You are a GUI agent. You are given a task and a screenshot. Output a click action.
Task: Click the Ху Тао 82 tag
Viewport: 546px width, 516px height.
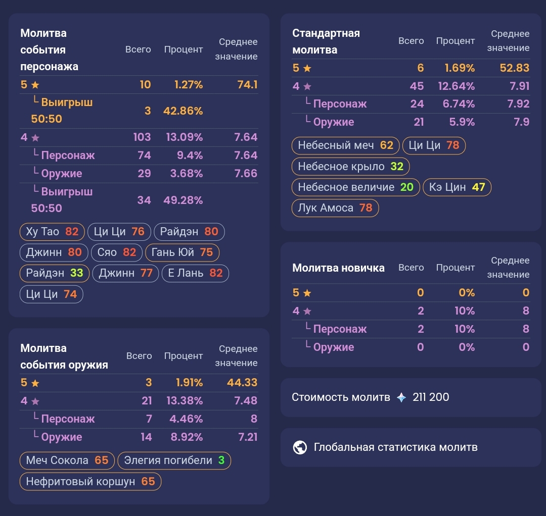[x=53, y=232]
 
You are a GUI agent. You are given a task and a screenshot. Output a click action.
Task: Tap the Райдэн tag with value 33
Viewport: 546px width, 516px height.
[x=55, y=273]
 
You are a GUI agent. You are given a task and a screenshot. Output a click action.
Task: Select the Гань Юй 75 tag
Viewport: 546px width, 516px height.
[x=182, y=252]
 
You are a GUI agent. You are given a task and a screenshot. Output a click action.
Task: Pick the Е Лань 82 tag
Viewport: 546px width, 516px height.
[x=195, y=273]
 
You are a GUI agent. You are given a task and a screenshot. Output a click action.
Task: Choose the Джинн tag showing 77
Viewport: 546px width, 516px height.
[x=125, y=273]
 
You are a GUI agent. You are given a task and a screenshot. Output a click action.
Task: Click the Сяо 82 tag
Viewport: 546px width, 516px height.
[x=117, y=252]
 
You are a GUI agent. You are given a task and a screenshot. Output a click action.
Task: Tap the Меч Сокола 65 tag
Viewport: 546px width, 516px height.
[x=67, y=460]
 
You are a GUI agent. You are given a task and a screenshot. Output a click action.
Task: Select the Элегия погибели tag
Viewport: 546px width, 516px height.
[x=174, y=460]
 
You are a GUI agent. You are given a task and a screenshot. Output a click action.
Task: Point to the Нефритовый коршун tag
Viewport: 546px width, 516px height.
[x=90, y=482]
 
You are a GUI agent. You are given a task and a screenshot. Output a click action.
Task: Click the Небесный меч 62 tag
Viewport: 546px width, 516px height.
[x=345, y=145]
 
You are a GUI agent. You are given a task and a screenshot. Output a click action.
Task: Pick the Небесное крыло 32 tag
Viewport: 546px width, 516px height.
[x=350, y=166]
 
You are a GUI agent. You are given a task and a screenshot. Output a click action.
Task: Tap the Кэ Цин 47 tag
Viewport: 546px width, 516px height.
[x=457, y=187]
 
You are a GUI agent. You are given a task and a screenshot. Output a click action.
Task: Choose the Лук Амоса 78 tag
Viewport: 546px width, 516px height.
[x=335, y=208]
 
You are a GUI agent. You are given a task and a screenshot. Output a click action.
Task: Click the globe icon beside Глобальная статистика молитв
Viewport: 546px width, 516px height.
[x=300, y=447]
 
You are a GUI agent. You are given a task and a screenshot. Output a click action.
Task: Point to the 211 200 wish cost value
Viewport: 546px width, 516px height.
[x=431, y=397]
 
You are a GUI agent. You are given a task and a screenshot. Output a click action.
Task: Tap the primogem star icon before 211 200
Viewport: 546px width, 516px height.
[x=401, y=397]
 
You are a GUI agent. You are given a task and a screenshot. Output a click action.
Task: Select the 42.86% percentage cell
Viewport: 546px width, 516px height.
[x=183, y=111]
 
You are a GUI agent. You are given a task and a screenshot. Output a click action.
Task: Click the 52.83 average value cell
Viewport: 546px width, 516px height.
[x=515, y=68]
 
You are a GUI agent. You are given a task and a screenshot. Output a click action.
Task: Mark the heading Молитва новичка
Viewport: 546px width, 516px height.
[x=338, y=268]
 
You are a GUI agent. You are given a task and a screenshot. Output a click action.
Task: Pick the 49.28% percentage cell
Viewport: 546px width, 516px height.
[x=183, y=200]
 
